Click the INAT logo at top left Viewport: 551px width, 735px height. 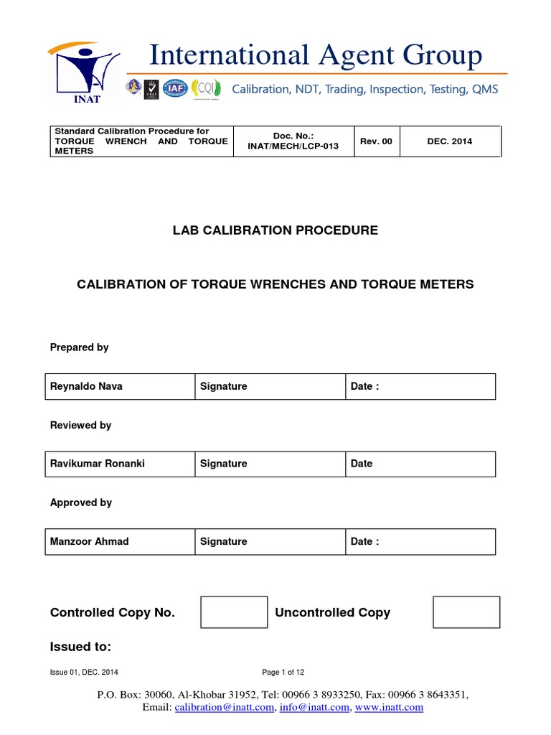pos(84,72)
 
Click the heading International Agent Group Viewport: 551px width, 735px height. pos(316,55)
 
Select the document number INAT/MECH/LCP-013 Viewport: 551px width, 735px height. pos(295,146)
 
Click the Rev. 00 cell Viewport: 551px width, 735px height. pos(376,141)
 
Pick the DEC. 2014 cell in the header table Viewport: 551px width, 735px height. pos(449,141)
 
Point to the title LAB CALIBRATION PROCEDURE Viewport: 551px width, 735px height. pos(275,230)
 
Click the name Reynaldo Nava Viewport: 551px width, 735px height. pos(86,386)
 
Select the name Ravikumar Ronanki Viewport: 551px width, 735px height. pos(98,464)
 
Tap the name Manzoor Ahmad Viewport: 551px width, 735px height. pos(90,541)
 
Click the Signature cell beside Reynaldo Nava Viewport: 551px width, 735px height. pos(224,386)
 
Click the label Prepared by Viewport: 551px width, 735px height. pos(80,347)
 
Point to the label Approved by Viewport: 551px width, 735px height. pos(81,502)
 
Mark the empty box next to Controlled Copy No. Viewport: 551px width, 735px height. pos(234,612)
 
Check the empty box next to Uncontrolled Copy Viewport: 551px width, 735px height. pos(466,612)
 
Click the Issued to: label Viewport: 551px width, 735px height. pos(80,647)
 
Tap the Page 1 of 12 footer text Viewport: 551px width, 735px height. pos(283,673)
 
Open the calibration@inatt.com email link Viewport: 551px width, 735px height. pos(224,707)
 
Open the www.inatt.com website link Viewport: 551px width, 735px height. pos(390,707)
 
